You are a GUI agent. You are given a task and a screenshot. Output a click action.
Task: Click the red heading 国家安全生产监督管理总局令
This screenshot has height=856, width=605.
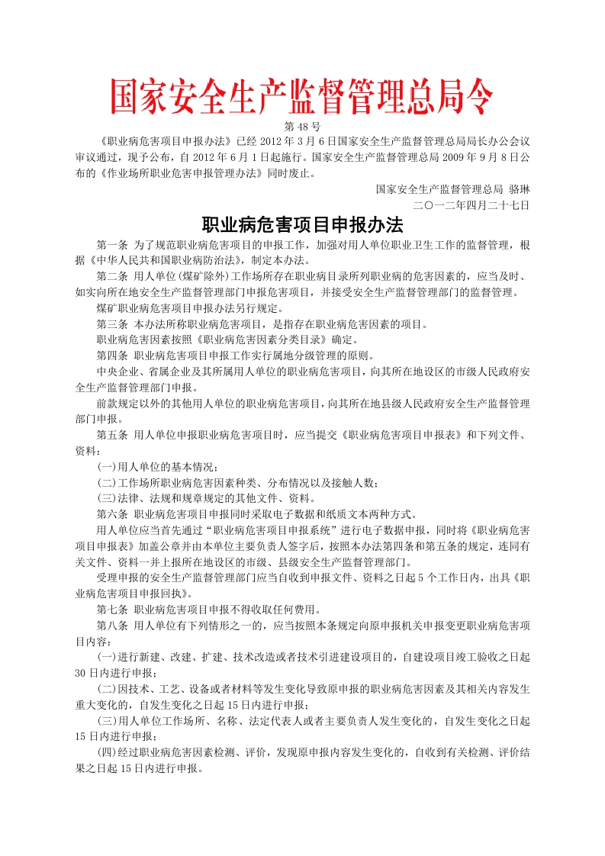pyautogui.click(x=302, y=97)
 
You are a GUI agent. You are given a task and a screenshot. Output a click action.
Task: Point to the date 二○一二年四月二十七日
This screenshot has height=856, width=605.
pyautogui.click(x=471, y=204)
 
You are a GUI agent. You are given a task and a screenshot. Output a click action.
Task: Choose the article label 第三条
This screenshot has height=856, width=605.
pyautogui.click(x=111, y=324)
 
